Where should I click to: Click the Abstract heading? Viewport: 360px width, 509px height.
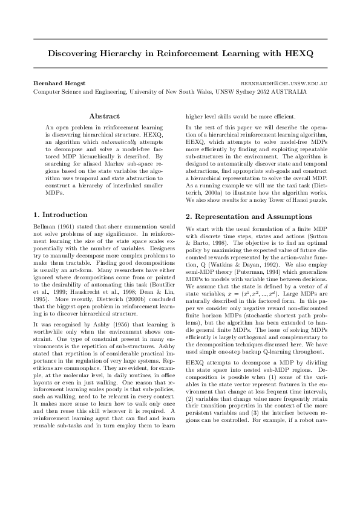tap(104, 115)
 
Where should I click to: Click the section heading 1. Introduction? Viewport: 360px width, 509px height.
tap(60, 215)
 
